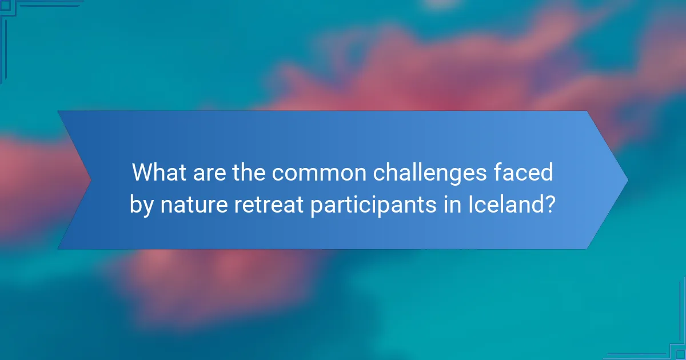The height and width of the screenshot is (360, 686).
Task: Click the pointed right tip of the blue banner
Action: coord(627,180)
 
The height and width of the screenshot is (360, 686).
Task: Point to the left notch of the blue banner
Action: coord(90,180)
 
